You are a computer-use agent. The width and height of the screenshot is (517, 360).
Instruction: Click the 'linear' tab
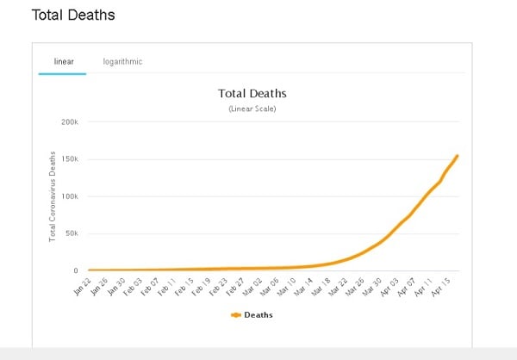coord(62,61)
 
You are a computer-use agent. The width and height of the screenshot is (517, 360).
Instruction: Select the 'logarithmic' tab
coord(122,61)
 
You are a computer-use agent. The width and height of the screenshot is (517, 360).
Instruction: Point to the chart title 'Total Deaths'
coord(251,93)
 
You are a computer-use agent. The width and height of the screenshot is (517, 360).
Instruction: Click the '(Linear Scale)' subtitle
coord(252,109)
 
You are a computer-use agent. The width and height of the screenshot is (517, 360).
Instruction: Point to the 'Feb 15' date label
coord(183,285)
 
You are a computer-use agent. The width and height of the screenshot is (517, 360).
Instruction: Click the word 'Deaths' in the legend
coord(259,315)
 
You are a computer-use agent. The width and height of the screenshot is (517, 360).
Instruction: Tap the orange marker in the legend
coord(237,315)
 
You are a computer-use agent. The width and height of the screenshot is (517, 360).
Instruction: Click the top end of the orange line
coord(457,156)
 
